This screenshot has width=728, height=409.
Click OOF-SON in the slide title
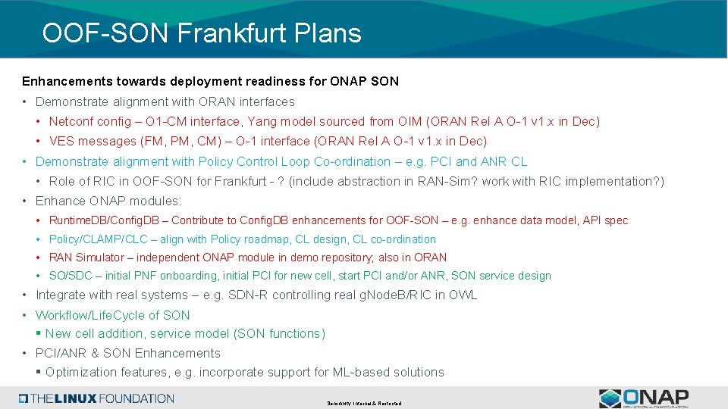click(x=105, y=33)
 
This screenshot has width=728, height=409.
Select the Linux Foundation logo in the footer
click(x=97, y=398)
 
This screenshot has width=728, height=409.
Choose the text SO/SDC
click(x=72, y=276)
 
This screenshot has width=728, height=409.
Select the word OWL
click(x=463, y=295)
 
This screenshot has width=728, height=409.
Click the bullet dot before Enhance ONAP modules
click(x=26, y=201)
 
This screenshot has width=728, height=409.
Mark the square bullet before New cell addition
click(x=39, y=333)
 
